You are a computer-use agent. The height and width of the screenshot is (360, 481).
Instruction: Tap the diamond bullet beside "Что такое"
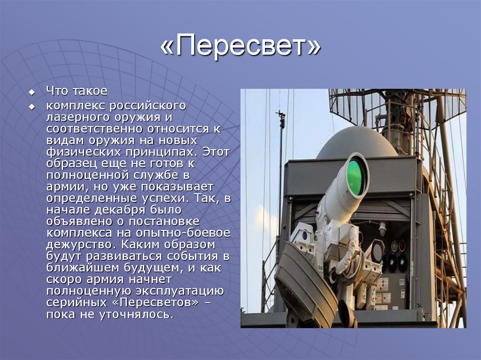pos(32,91)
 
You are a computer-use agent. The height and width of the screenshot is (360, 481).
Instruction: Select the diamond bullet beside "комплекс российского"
pos(32,106)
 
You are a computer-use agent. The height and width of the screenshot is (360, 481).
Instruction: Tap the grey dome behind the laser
pos(357,143)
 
